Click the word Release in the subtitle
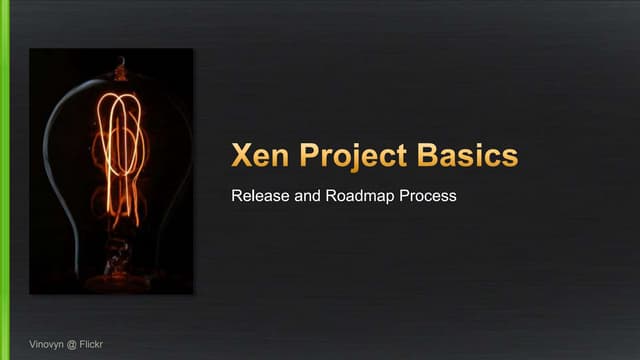pos(256,196)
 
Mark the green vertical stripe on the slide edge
pos(5,180)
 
